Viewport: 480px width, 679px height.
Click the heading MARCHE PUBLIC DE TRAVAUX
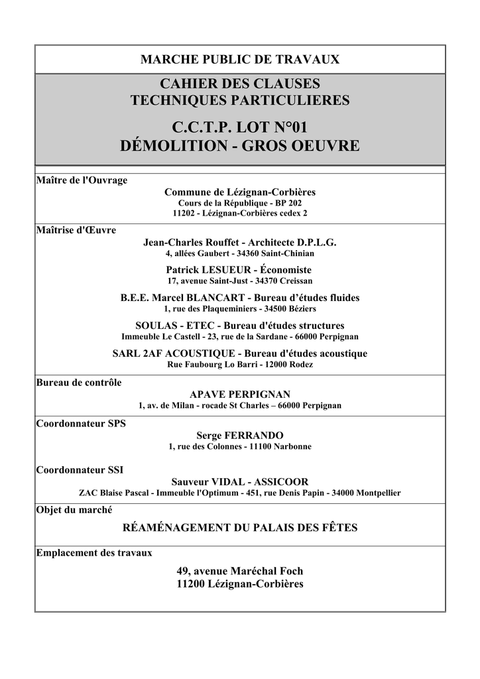click(239, 60)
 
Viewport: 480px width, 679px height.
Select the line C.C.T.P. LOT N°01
click(239, 125)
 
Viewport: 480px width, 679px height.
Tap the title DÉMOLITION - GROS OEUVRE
click(239, 146)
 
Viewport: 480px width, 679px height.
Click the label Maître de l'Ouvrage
click(82, 180)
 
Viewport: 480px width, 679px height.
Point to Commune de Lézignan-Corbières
click(239, 192)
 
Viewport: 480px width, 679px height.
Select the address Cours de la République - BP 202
click(239, 202)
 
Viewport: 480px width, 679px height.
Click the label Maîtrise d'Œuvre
click(76, 230)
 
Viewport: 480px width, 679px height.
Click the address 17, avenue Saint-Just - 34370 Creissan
click(239, 280)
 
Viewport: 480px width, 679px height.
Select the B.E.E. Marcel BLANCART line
click(239, 298)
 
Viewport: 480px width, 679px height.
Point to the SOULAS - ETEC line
click(239, 326)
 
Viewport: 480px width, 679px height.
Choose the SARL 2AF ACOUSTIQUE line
click(239, 353)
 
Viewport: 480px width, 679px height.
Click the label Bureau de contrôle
click(79, 383)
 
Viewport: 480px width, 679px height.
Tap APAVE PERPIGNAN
click(239, 394)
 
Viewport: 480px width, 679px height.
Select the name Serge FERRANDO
click(239, 435)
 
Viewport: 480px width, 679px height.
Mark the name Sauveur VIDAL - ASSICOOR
click(239, 481)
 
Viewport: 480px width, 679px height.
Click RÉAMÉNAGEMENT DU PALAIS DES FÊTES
click(239, 528)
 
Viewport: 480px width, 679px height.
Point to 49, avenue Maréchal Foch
click(239, 570)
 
